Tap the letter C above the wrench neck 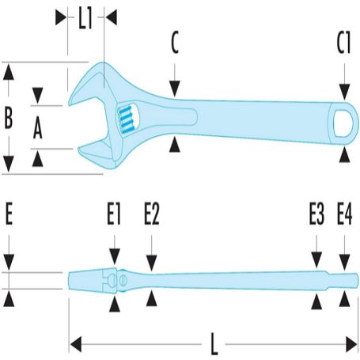[x=175, y=42]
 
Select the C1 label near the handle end [x=343, y=43]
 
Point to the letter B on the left [x=9, y=118]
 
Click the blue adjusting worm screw [x=126, y=119]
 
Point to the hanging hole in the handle [x=342, y=123]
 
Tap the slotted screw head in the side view [x=122, y=280]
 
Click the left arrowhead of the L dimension [x=76, y=344]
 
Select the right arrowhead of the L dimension [x=351, y=344]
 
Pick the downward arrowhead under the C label [x=174, y=89]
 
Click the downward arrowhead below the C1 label [x=344, y=91]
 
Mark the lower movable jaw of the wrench [x=98, y=153]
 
